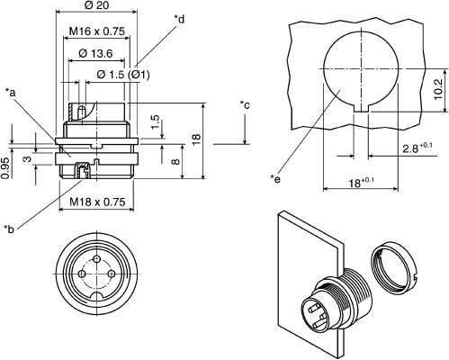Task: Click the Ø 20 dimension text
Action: [x=96, y=5]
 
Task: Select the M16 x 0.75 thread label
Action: [x=96, y=31]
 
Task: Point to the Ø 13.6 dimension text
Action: [x=95, y=53]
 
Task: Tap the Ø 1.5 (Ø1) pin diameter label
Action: [x=123, y=75]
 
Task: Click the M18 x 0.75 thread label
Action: [x=97, y=202]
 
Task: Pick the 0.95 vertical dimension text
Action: [x=5, y=168]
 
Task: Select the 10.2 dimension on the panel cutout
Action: [x=438, y=89]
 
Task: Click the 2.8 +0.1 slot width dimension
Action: [x=418, y=148]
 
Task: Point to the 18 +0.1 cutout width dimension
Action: [x=361, y=183]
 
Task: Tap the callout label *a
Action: [x=11, y=93]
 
